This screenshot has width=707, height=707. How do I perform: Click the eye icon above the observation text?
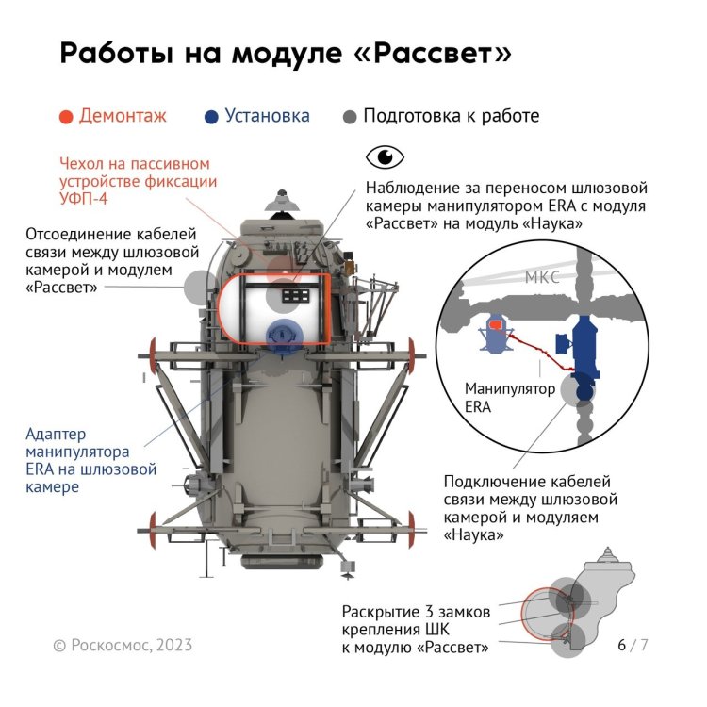(x=385, y=156)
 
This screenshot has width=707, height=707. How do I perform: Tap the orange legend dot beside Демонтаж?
(x=66, y=117)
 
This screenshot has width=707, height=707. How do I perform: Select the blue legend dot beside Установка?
(x=211, y=117)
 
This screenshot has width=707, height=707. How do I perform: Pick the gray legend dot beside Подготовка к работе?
(x=350, y=117)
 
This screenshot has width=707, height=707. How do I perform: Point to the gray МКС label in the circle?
(x=542, y=277)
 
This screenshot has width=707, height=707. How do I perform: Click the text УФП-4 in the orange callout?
(x=83, y=199)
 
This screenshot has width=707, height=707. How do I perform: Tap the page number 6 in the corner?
(x=622, y=645)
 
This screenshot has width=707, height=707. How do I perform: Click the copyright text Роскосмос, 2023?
(x=131, y=645)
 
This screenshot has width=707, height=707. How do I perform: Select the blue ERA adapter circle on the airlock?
(x=283, y=336)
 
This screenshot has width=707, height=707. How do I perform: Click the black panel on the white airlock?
(x=296, y=296)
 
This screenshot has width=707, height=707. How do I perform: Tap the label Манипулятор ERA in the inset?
(x=509, y=398)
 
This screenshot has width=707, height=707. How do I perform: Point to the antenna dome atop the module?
(x=282, y=203)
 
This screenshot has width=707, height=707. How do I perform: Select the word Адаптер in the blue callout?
(x=56, y=435)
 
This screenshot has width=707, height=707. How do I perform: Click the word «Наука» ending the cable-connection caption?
(x=473, y=535)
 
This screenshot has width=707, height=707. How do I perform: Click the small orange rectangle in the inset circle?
(x=496, y=323)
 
